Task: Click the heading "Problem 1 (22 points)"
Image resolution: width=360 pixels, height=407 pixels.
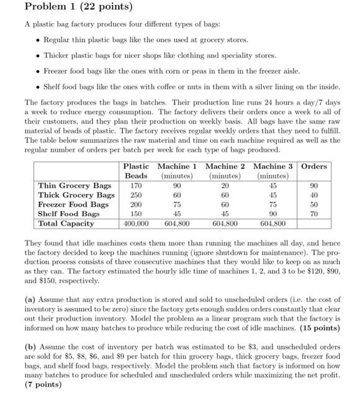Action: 78,7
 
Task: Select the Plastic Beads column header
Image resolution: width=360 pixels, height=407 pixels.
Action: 136,171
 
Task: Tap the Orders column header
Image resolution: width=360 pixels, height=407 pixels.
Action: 314,167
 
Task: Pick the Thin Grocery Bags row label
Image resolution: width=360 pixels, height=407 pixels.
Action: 74,186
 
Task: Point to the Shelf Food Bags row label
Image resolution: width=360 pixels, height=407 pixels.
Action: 69,214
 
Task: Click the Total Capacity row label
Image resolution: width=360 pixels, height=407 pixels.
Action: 66,223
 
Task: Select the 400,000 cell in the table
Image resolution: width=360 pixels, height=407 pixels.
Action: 136,223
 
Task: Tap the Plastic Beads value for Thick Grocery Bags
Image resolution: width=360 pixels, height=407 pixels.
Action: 136,195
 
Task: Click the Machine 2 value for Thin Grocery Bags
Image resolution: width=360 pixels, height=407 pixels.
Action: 225,186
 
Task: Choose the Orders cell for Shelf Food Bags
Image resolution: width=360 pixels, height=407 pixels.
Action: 314,214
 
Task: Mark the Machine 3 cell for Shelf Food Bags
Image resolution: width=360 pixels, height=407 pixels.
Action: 272,214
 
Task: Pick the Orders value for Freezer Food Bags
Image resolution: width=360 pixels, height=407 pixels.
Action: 314,204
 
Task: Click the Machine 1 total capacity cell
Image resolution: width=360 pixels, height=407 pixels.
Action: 177,223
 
